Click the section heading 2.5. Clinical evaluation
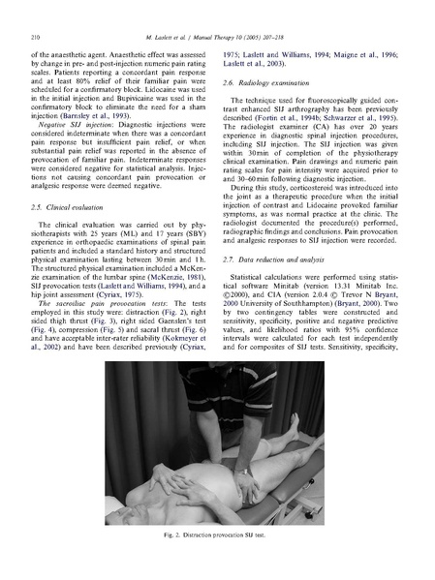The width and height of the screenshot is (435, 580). [67, 207]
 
